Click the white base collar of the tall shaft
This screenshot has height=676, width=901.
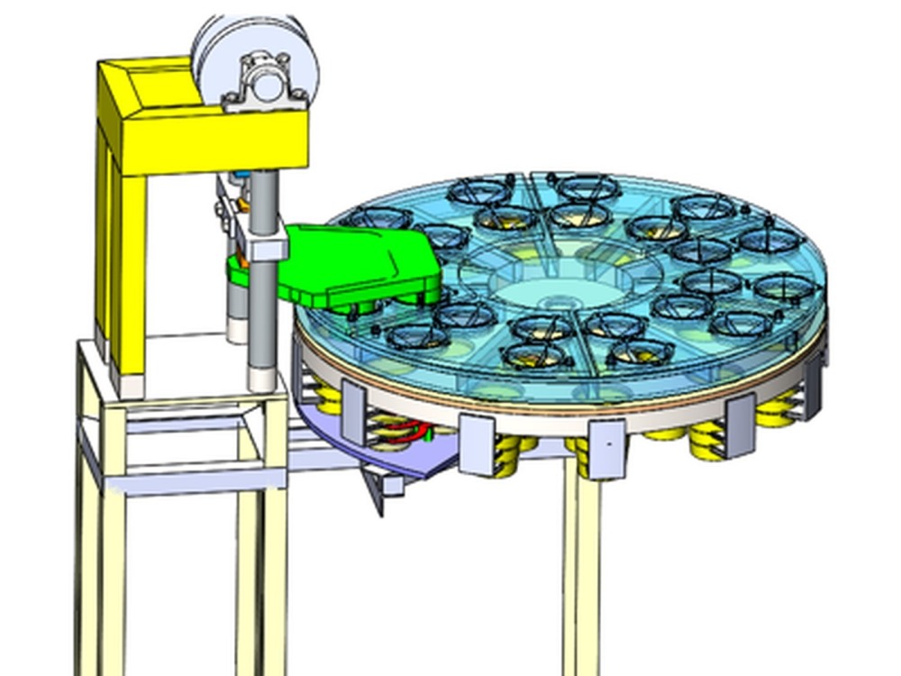tap(262, 376)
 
